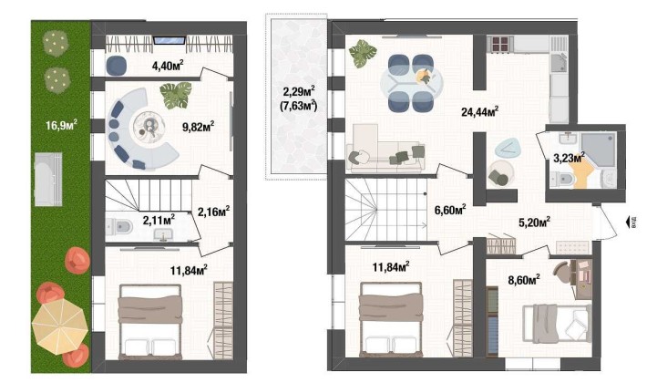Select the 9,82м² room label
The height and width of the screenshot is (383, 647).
click(196, 126)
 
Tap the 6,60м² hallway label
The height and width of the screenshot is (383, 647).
click(450, 210)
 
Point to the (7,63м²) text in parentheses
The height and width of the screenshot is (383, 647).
click(298, 105)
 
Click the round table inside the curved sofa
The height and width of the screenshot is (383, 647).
click(146, 127)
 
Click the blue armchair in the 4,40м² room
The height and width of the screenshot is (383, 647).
click(118, 64)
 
